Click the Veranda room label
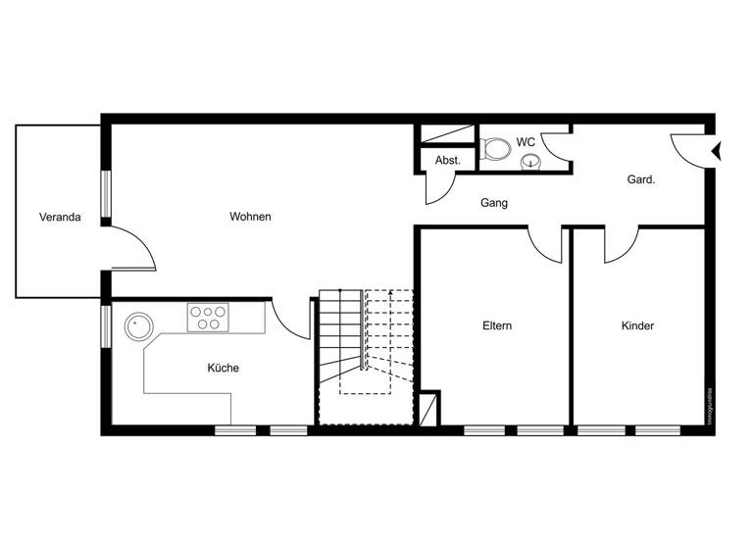(60, 217)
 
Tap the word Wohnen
(250, 217)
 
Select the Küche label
(223, 368)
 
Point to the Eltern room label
(497, 325)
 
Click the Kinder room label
(637, 325)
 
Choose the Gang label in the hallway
(493, 204)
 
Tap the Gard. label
(641, 179)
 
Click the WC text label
(526, 142)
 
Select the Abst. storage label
(448, 160)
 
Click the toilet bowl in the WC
(498, 150)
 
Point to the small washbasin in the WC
(530, 162)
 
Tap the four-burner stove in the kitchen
(208, 318)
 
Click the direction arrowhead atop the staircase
(392, 292)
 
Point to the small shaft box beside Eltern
(428, 408)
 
